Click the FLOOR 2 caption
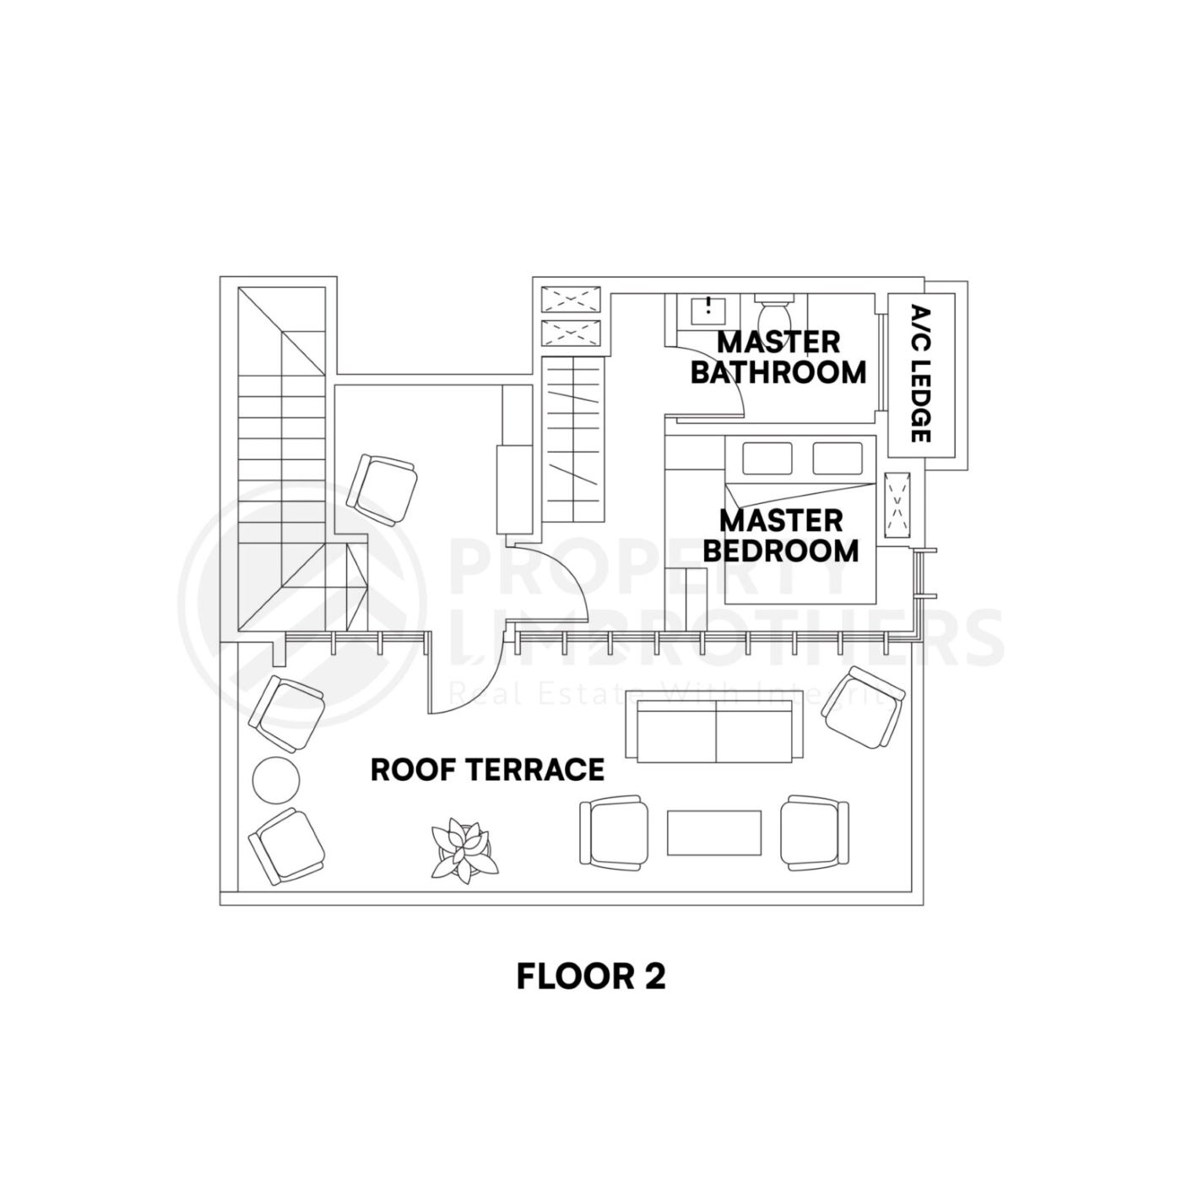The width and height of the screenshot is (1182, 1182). pos(590,976)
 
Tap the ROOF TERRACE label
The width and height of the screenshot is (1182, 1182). pos(487,770)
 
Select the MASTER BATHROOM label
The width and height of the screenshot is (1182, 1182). pos(778,357)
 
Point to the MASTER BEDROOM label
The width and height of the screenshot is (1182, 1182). pos(780,535)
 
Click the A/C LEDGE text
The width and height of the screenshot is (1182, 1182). pos(921,373)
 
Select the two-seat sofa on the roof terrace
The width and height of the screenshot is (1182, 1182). pos(715,730)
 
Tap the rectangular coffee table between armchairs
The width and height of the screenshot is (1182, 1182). pos(714,832)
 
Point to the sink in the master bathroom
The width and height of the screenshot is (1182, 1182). pos(708,310)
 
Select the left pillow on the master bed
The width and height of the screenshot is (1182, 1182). pos(766,458)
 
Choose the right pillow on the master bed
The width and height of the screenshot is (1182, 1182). pos(838,458)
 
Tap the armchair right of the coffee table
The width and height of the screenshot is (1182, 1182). pos(814,832)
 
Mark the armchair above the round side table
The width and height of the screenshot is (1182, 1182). pos(287,712)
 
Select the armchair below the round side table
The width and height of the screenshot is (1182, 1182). pos(286,846)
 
